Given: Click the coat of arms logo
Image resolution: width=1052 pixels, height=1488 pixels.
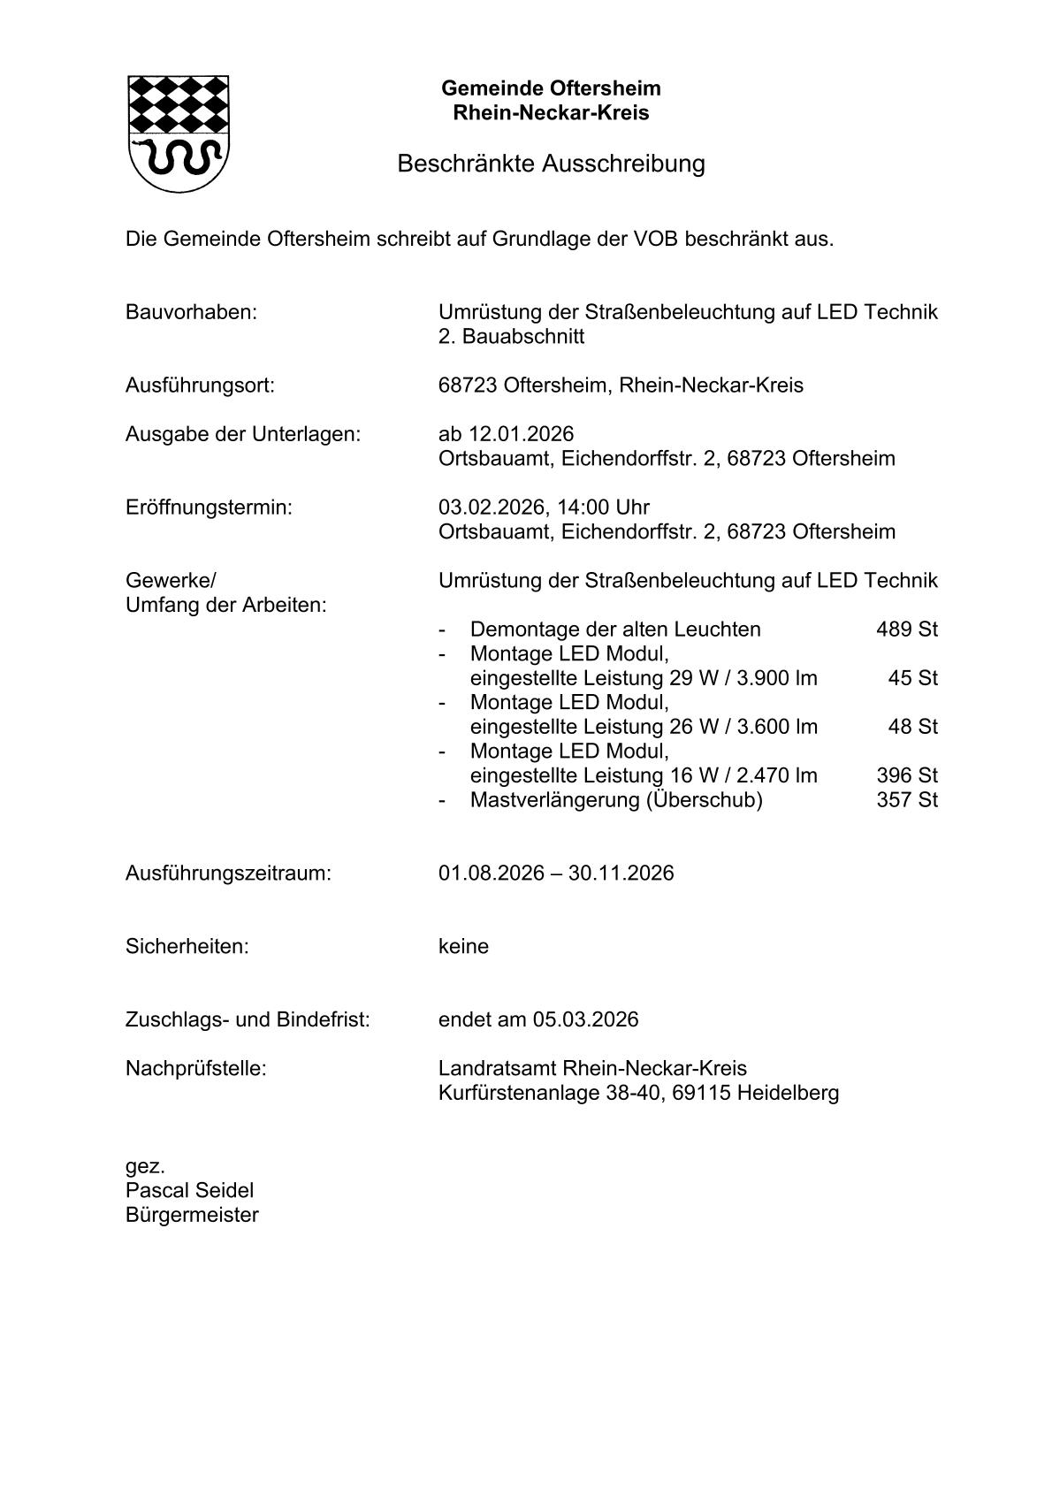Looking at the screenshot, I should click(179, 134).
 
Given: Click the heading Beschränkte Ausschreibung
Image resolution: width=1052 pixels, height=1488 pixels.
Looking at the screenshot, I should click(550, 164).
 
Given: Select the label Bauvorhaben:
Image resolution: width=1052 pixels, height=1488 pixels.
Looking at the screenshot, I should click(191, 312).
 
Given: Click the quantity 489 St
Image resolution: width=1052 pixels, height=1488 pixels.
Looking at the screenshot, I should click(906, 630).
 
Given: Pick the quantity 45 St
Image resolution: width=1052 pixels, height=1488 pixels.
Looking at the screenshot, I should click(912, 678).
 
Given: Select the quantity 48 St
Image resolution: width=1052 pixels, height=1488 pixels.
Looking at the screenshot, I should click(912, 727).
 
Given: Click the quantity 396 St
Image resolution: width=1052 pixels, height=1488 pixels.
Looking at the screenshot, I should click(906, 775).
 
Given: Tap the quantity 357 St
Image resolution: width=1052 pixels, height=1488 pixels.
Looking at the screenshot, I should click(906, 800).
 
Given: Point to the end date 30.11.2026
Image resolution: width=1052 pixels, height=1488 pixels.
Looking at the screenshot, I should click(621, 874).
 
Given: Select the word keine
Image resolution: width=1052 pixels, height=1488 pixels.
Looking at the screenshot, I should click(463, 947).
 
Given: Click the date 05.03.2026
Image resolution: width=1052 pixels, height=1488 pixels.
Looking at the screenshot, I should click(584, 1020).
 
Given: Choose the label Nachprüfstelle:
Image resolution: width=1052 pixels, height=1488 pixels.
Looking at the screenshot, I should click(195, 1069).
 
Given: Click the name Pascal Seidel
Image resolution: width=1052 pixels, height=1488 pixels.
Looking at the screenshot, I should click(189, 1191).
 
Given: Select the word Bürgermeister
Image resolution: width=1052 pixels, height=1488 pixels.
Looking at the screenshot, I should click(192, 1216).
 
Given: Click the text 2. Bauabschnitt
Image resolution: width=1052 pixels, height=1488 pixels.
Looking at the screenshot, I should click(511, 337).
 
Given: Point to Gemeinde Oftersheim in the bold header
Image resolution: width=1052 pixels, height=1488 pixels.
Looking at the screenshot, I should click(551, 88).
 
